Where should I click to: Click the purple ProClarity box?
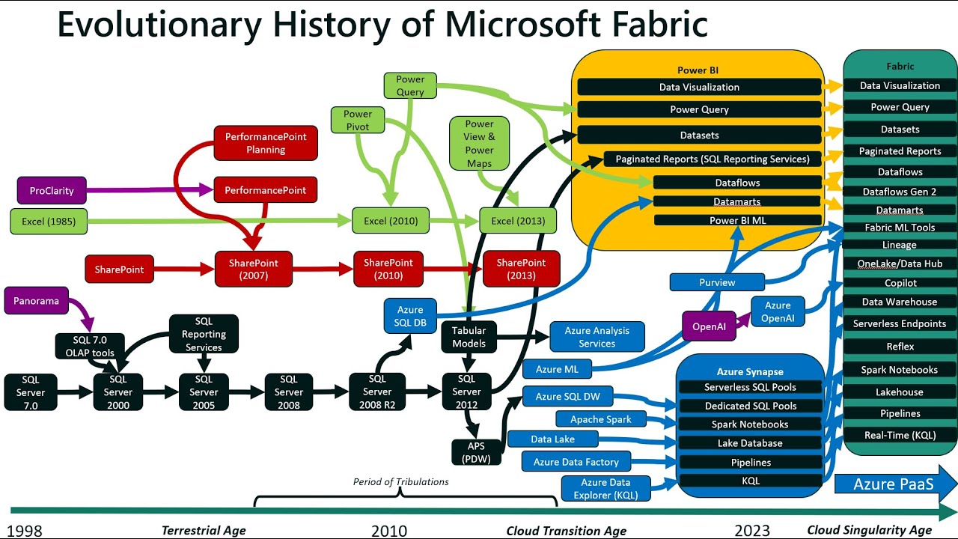(52, 190)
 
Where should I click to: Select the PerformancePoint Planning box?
(266, 143)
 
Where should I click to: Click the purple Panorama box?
(36, 301)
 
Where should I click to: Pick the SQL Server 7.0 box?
(31, 392)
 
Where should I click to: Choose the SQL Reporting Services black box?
(204, 334)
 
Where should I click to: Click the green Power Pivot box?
(358, 120)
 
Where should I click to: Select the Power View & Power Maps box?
(480, 143)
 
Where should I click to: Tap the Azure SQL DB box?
(410, 316)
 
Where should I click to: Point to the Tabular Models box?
(469, 337)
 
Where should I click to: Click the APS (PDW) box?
(476, 452)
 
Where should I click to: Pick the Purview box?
(717, 282)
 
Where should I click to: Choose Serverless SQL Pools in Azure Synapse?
(750, 387)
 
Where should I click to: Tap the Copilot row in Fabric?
(900, 283)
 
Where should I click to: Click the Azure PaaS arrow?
(895, 484)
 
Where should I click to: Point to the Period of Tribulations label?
(400, 481)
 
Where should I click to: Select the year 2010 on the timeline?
(389, 531)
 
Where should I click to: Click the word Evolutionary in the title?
(159, 24)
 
